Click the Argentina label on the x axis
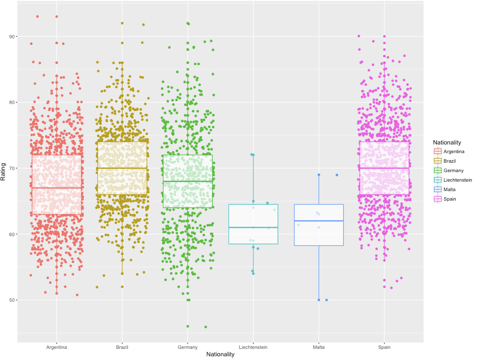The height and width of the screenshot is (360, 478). [57, 347]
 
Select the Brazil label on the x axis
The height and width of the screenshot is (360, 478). [122, 347]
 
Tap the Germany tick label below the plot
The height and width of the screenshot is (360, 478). [188, 347]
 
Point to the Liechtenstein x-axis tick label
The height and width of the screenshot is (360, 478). [253, 347]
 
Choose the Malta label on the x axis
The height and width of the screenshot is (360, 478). [319, 347]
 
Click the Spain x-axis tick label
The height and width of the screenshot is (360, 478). [384, 347]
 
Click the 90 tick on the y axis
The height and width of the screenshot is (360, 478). [12, 36]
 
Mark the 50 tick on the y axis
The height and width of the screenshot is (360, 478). [12, 300]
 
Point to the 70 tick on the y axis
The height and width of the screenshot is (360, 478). [12, 168]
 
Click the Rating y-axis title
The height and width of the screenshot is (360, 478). [4, 173]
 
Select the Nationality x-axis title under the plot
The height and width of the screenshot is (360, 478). [220, 354]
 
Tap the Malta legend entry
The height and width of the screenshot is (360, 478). [450, 189]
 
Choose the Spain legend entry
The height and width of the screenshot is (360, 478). [450, 199]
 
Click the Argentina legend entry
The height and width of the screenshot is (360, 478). [454, 152]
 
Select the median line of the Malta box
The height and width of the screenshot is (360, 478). [319, 221]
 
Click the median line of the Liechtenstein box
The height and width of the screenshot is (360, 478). [253, 227]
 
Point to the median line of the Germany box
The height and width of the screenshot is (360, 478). [188, 181]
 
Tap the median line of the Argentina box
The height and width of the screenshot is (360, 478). [57, 188]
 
